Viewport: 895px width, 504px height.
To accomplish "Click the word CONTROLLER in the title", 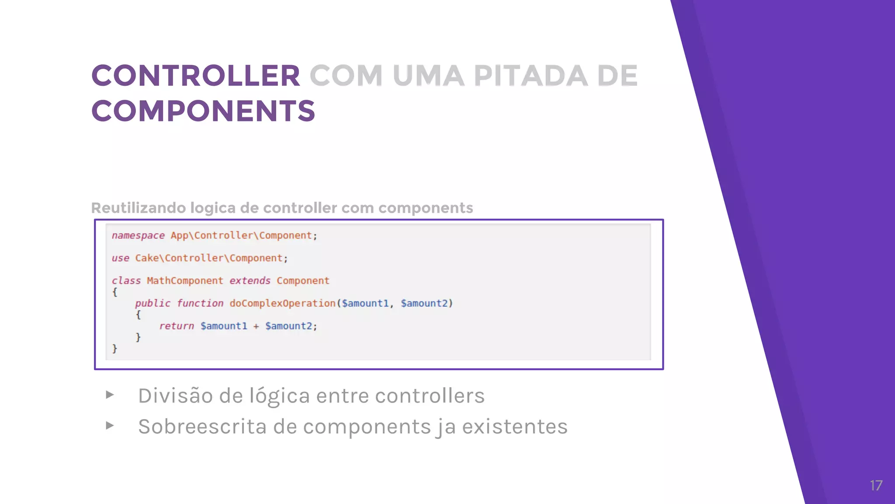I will pyautogui.click(x=195, y=76).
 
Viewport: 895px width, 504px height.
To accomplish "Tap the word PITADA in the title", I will pyautogui.click(x=531, y=76).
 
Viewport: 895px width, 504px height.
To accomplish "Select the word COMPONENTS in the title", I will pyautogui.click(x=203, y=111).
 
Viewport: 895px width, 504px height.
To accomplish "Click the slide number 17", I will pyautogui.click(x=876, y=486).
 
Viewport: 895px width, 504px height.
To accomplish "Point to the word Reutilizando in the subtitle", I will pyautogui.click(x=138, y=208).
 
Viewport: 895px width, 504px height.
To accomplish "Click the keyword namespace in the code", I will pyautogui.click(x=138, y=235).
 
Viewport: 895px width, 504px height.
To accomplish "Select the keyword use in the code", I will pyautogui.click(x=120, y=258).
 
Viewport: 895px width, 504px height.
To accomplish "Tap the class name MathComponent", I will pyautogui.click(x=184, y=281).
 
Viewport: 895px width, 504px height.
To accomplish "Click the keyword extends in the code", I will pyautogui.click(x=250, y=281).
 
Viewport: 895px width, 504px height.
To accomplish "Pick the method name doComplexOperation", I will pyautogui.click(x=282, y=303).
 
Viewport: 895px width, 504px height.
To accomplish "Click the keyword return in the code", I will pyautogui.click(x=176, y=326).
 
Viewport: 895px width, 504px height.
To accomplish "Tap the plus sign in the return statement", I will pyautogui.click(x=256, y=326).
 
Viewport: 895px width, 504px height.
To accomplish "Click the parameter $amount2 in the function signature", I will pyautogui.click(x=424, y=303).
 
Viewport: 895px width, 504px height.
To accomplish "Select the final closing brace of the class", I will pyautogui.click(x=114, y=349).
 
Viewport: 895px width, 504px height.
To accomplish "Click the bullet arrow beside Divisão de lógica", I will pyautogui.click(x=110, y=395).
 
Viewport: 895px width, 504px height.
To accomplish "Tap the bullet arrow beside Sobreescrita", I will pyautogui.click(x=110, y=426).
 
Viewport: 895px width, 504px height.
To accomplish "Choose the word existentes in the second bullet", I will pyautogui.click(x=514, y=427).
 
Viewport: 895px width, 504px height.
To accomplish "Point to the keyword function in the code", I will pyautogui.click(x=200, y=303).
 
